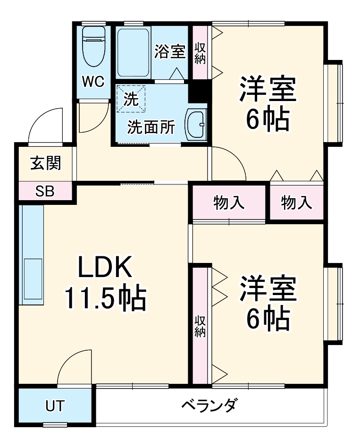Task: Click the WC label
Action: [93, 81]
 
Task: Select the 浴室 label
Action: [169, 51]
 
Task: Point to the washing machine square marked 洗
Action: [131, 99]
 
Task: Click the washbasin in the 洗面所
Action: [195, 125]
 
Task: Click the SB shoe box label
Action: [45, 192]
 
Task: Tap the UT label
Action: [55, 406]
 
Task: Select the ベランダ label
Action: [209, 405]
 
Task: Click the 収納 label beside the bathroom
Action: [200, 53]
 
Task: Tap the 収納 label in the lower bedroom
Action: [200, 326]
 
